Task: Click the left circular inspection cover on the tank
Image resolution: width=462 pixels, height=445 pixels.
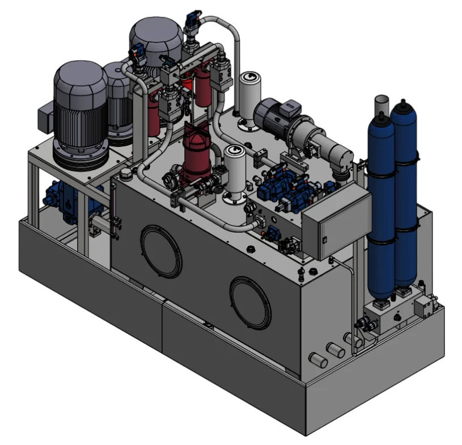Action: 161,251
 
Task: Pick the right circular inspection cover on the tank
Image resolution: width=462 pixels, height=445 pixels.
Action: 250,302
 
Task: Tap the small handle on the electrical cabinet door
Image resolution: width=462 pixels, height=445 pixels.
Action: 325,239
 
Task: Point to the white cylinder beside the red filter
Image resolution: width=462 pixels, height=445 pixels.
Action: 234,170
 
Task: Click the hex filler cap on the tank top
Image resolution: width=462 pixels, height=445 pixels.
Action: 125,173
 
